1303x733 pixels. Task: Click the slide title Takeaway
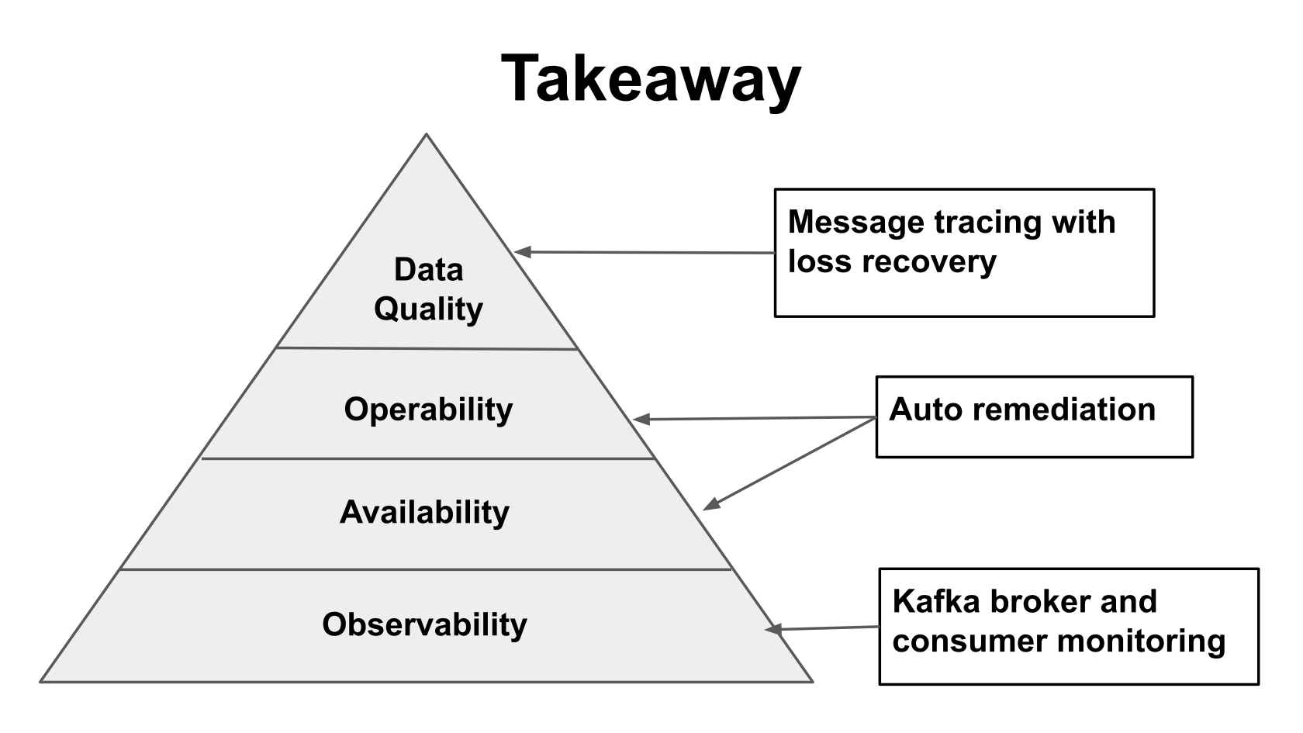[651, 79]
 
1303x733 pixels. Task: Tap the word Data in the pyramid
[428, 270]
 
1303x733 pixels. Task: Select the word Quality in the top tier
[428, 309]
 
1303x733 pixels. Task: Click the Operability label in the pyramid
[428, 410]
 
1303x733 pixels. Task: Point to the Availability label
[424, 513]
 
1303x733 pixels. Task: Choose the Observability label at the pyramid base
[424, 624]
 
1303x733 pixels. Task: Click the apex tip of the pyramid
[426, 137]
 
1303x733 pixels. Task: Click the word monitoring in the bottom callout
[1141, 641]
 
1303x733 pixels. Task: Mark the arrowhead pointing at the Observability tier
[773, 629]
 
